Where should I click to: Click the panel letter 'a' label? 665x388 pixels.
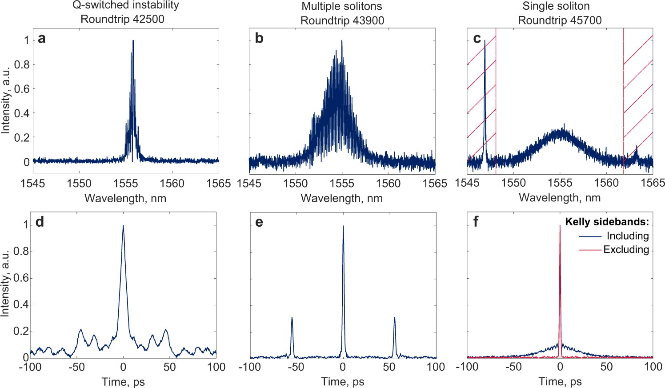pos(42,39)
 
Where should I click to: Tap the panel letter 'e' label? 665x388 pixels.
pos(259,222)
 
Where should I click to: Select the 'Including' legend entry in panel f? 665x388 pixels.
pos(627,236)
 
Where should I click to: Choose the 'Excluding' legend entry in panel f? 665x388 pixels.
pos(626,250)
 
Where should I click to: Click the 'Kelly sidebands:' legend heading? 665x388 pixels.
pos(606,222)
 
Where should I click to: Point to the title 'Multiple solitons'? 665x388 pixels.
pos(341,6)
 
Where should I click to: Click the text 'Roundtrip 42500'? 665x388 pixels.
pos(122,20)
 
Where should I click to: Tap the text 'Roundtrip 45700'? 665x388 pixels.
pos(560,20)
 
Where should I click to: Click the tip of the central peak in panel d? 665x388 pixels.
pos(123,226)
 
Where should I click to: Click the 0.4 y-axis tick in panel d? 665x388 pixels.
pos(20,305)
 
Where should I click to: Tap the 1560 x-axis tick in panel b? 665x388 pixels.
pos(388,183)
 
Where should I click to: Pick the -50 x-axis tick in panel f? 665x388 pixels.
pos(513,367)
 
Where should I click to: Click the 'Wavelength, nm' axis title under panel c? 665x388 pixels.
pos(560,198)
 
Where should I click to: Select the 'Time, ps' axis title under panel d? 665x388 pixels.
pos(123,382)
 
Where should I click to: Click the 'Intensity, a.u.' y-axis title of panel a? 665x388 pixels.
pos(5,100)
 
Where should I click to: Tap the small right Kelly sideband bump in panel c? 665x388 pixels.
pos(636,149)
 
